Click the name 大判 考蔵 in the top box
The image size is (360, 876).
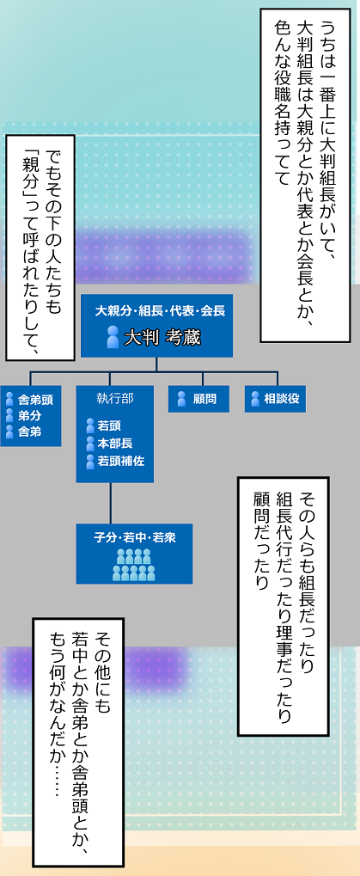[162, 338]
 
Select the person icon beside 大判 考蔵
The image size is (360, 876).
[113, 338]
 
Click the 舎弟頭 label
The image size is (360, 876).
[32, 400]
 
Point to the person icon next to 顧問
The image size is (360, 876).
[181, 399]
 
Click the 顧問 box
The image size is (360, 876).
[198, 399]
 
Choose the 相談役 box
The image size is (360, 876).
[275, 399]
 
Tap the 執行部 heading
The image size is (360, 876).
[115, 398]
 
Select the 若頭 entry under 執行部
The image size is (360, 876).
[109, 426]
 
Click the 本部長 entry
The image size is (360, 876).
[115, 444]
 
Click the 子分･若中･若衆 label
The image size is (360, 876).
[135, 538]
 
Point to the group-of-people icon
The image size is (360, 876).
[134, 565]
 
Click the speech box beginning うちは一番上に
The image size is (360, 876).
[306, 175]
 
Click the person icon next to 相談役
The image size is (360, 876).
[255, 399]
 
